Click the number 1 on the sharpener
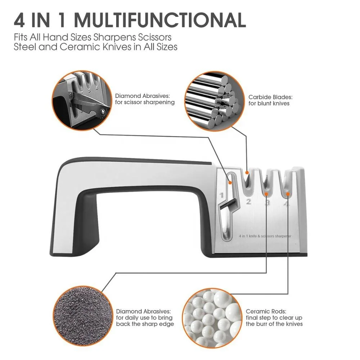(222, 196)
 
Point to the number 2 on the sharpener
(248, 202)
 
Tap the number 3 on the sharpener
(267, 204)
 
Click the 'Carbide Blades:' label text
(270, 97)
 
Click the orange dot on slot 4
(288, 195)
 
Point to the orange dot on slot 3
(266, 194)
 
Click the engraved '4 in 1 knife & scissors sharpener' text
(265, 236)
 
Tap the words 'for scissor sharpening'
(145, 102)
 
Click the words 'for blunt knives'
(269, 104)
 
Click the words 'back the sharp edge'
(145, 324)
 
